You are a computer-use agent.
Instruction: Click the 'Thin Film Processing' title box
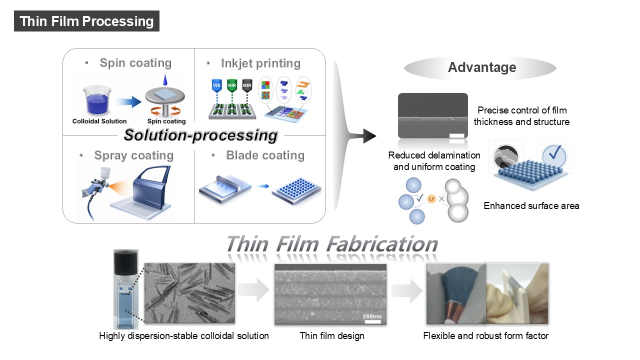click(86, 21)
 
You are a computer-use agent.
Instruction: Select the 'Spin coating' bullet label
click(135, 63)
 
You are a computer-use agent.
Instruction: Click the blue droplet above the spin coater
click(165, 80)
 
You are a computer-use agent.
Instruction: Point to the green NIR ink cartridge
click(232, 85)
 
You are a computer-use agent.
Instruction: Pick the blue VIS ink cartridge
click(216, 85)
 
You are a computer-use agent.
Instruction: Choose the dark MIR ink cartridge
click(247, 85)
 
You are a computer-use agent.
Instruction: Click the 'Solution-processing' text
click(200, 135)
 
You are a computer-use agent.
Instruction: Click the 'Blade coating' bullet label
click(265, 155)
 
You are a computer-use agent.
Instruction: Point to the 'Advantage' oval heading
click(481, 67)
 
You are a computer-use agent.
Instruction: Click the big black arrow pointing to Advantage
click(369, 135)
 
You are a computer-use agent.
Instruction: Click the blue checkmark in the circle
click(554, 154)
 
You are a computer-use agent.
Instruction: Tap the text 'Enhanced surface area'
click(531, 205)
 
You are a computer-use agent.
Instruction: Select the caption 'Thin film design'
click(331, 335)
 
